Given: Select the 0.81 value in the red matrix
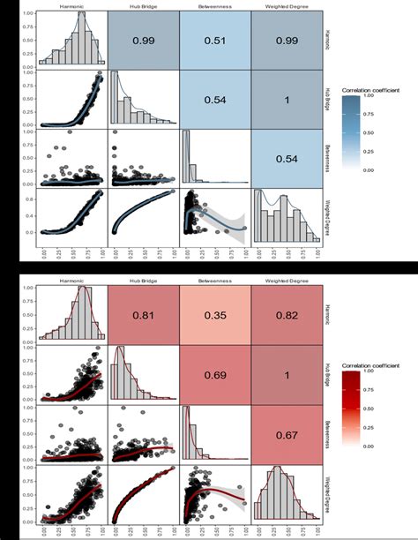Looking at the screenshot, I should (x=144, y=313).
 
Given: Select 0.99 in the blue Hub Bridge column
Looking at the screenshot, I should (x=144, y=41).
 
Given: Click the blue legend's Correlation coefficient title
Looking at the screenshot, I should (x=370, y=90).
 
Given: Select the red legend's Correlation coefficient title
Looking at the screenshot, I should (x=370, y=363).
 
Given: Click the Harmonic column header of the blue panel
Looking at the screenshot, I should (x=71, y=7).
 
